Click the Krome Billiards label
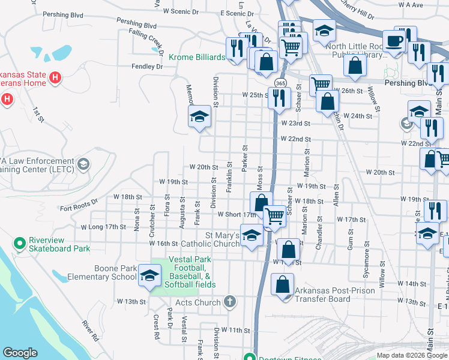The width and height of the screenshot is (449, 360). (x=196, y=57)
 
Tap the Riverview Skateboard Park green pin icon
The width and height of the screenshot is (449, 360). (x=20, y=244)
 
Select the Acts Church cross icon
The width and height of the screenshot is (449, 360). (x=229, y=302)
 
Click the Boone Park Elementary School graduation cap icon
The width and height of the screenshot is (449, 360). (x=149, y=276)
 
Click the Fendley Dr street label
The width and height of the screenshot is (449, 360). (x=147, y=67)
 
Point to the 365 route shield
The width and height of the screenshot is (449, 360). (x=280, y=82)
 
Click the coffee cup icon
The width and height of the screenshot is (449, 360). (x=394, y=41)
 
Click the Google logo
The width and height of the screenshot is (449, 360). (x=20, y=353)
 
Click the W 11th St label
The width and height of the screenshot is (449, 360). (x=235, y=330)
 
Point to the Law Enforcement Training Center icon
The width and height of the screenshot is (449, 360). (x=83, y=164)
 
